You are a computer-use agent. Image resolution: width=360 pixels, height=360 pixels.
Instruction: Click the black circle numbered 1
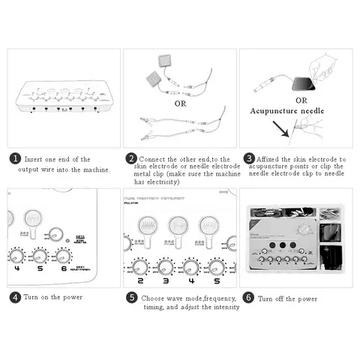tap(14, 159)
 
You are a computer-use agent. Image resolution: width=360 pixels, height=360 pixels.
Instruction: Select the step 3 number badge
tap(249, 159)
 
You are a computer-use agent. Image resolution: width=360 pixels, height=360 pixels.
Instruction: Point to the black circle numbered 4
tap(14, 298)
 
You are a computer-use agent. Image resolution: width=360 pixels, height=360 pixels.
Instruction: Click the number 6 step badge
tap(249, 298)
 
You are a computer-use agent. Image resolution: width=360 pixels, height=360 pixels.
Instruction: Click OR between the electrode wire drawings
tap(180, 103)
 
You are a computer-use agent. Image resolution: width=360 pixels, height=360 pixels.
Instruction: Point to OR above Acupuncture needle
tap(301, 99)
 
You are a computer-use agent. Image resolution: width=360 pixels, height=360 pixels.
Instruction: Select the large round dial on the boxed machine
tap(303, 228)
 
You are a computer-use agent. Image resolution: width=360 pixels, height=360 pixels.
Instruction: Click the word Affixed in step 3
tap(269, 159)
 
